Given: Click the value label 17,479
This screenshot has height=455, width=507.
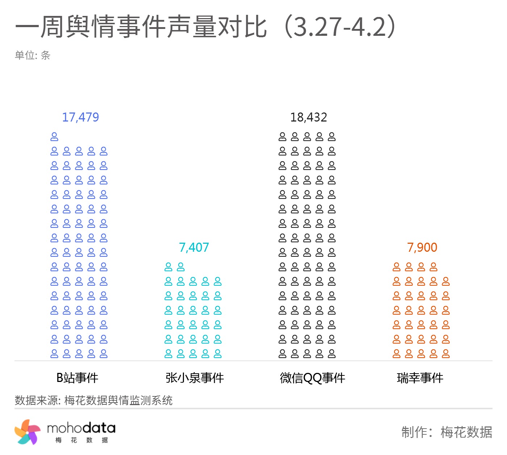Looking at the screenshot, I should click(80, 117).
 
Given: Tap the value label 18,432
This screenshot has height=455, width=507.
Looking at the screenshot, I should click(309, 117).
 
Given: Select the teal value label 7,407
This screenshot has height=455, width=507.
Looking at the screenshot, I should click(194, 247).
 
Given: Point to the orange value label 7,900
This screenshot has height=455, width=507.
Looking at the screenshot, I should click(422, 247).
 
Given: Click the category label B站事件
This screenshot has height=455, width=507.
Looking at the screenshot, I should click(77, 378).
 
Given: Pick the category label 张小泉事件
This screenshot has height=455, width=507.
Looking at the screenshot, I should click(194, 378).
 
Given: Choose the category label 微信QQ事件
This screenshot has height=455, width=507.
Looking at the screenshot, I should click(312, 378).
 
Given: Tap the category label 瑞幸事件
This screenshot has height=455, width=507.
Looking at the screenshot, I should click(420, 378).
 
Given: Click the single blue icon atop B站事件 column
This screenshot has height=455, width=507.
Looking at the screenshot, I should click(54, 137).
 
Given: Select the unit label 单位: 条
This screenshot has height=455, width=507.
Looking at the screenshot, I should click(32, 55).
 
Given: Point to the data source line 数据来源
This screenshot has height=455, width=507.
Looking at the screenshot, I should click(93, 400).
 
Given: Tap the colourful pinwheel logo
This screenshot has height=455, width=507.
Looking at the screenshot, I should click(28, 432).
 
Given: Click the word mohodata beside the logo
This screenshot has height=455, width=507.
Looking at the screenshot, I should click(81, 429).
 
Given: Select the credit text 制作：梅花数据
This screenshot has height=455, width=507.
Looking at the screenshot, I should click(446, 432).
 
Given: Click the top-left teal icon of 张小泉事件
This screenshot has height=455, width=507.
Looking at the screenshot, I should click(168, 267).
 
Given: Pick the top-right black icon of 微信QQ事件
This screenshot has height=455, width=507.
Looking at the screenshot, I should click(332, 137).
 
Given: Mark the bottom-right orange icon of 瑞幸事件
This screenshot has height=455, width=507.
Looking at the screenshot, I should click(446, 353).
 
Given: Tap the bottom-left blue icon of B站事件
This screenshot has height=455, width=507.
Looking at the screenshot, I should click(54, 353).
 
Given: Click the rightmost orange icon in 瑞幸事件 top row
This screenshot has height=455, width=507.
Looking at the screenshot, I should click(433, 267).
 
